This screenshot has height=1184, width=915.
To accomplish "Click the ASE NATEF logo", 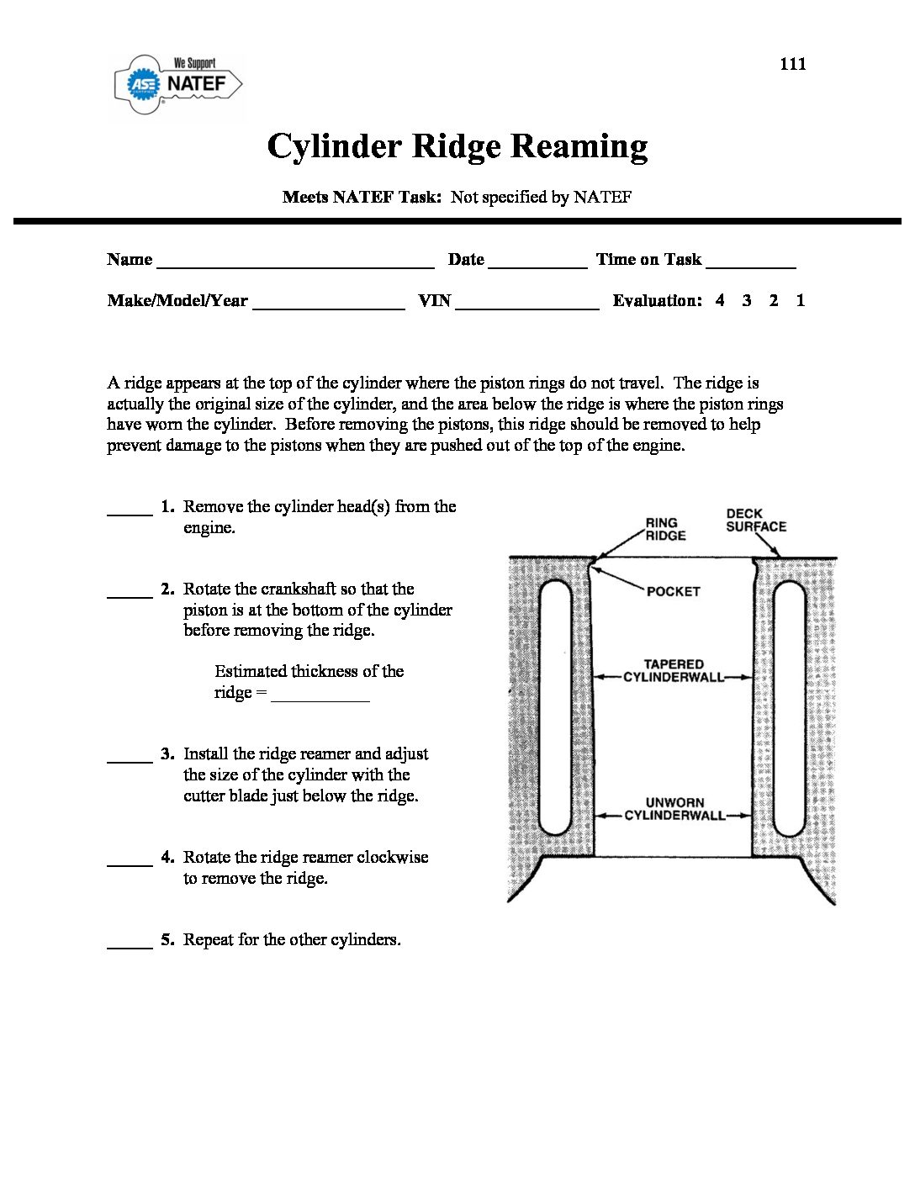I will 178,83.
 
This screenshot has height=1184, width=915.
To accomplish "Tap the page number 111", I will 792,64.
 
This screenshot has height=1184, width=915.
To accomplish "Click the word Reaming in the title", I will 579,145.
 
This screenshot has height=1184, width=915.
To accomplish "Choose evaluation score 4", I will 720,300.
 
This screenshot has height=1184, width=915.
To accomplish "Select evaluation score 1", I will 801,300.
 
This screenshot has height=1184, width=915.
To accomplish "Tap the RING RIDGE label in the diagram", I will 664,529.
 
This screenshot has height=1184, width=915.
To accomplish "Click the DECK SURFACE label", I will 756,520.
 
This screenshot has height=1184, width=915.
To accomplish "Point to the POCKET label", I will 673,591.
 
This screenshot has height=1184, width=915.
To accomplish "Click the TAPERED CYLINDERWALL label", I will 674,670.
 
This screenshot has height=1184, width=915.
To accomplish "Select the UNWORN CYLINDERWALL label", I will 674,809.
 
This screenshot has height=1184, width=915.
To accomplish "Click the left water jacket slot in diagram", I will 555,706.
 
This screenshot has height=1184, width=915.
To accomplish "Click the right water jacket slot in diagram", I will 789,706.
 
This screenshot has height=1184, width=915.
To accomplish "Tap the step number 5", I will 167,940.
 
